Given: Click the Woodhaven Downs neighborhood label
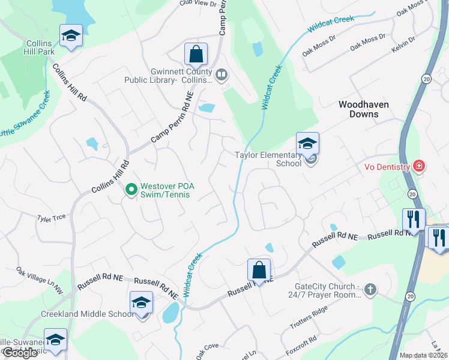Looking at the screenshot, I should click(x=363, y=109).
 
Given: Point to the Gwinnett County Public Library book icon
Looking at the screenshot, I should click(x=221, y=75).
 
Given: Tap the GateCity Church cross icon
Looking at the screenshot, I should click(x=370, y=290).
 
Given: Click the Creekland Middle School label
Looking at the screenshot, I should click(x=88, y=314).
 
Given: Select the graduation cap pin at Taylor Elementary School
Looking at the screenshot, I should click(x=307, y=144).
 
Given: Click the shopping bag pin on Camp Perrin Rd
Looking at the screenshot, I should click(x=196, y=55).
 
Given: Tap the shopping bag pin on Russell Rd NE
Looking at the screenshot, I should click(x=259, y=270).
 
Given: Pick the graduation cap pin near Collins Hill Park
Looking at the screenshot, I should click(x=71, y=36).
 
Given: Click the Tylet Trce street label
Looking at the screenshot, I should click(x=51, y=218).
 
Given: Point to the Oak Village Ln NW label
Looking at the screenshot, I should click(x=39, y=281).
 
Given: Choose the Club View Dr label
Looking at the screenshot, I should click(x=197, y=4).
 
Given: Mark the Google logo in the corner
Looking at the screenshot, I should click(x=20, y=353).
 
